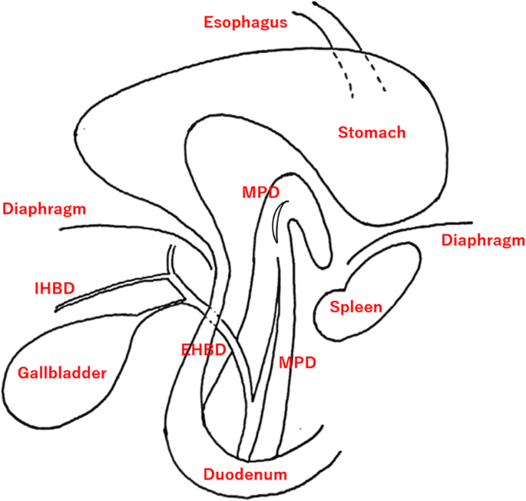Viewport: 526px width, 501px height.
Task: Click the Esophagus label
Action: [246, 22]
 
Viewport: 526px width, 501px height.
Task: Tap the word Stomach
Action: [372, 133]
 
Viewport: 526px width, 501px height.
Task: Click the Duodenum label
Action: [245, 474]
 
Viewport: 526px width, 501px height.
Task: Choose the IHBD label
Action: [54, 289]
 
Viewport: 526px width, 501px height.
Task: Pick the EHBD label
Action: [203, 350]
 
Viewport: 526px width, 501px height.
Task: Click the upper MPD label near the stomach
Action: [260, 191]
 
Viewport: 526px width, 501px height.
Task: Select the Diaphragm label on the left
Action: [44, 208]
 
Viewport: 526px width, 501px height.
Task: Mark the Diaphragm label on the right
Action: [483, 241]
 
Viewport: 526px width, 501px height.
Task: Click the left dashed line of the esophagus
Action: [342, 77]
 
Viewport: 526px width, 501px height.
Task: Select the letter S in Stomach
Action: [343, 133]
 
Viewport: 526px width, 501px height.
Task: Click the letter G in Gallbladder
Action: [22, 373]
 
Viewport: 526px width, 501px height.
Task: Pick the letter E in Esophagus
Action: [209, 22]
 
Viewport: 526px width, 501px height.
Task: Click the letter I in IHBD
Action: [37, 289]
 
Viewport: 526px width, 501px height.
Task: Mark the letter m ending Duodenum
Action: [280, 474]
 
